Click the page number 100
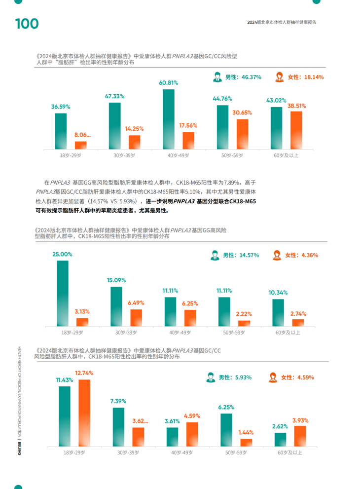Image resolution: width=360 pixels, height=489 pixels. (27, 24)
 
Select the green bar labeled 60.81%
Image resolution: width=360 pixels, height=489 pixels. (169, 119)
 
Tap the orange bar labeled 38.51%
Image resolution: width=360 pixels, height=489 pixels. (296, 130)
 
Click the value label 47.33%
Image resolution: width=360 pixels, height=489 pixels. (114, 96)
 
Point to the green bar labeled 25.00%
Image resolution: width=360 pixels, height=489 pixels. (63, 293)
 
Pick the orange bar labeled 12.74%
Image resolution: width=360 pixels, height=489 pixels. (84, 413)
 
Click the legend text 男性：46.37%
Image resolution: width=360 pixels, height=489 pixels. (243, 77)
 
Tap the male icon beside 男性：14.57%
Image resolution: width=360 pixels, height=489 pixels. (215, 255)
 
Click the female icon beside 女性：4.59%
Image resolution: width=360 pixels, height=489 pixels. (273, 377)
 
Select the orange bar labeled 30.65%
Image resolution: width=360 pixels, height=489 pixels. (242, 134)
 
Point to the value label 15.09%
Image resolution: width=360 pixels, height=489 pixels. (116, 280)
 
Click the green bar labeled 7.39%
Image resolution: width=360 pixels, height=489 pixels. (118, 427)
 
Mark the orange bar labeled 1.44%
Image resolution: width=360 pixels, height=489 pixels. (246, 442)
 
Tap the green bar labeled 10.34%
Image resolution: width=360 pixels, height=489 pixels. (278, 312)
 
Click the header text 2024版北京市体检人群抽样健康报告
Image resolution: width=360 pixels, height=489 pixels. (282, 22)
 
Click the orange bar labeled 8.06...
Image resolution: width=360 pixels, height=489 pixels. (80, 145)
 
